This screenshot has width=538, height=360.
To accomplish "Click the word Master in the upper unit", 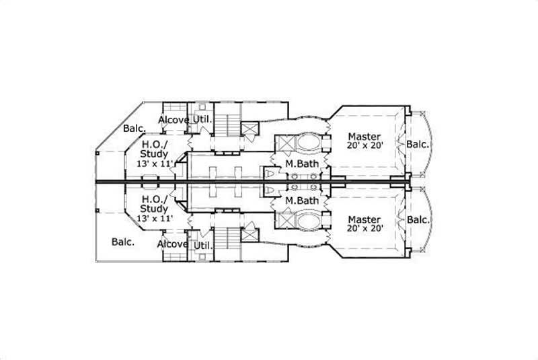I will (x=364, y=137).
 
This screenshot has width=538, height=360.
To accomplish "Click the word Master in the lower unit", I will (x=364, y=220).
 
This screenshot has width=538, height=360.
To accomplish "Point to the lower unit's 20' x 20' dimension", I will (x=365, y=229).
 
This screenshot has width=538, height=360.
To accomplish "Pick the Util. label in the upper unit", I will (x=202, y=120).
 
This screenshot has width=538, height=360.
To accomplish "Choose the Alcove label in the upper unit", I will (x=173, y=120).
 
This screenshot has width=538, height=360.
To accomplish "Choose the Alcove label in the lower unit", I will (x=172, y=244).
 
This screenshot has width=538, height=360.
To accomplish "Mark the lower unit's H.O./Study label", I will (x=155, y=205).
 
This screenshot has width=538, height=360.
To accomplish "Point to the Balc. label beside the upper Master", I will (x=418, y=144).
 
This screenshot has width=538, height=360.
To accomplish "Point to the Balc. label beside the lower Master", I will (x=418, y=220).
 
